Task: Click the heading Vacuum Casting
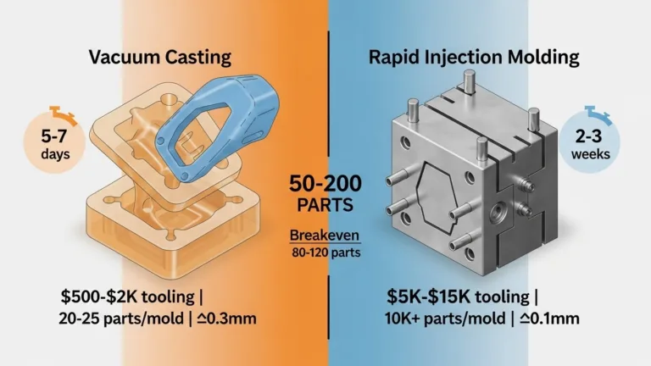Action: point(160,57)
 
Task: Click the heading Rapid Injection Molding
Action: point(474,57)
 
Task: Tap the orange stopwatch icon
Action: point(64,115)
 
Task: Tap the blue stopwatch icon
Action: point(598,115)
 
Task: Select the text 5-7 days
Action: point(55,144)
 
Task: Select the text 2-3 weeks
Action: point(590,144)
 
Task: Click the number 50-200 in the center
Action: point(325,183)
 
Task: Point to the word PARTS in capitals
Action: point(325,205)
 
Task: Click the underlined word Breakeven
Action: point(325,236)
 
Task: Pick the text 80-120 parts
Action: point(325,252)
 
